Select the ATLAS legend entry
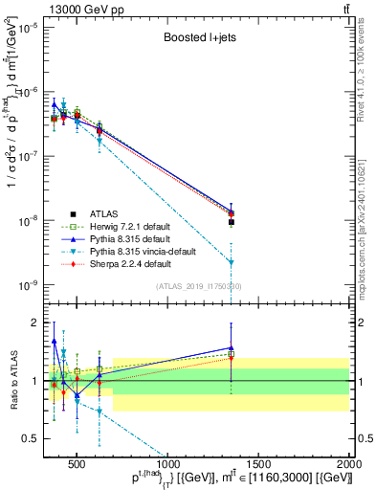click(104, 213)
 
